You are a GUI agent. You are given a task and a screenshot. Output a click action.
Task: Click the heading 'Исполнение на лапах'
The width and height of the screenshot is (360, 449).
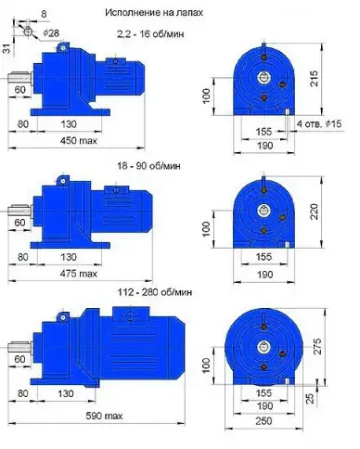click(154, 12)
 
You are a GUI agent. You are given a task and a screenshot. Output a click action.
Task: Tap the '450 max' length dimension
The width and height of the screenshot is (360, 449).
click(78, 141)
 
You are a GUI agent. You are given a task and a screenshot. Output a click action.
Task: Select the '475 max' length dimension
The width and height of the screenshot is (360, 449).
click(78, 274)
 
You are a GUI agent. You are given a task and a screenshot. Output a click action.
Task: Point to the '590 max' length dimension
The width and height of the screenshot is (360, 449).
click(104, 416)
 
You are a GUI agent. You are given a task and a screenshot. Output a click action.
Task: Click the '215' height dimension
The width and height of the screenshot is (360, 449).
click(314, 78)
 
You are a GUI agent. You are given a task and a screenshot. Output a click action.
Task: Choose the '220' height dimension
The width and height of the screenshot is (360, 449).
click(314, 212)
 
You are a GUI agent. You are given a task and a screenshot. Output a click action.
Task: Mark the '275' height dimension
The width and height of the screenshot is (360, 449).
click(317, 347)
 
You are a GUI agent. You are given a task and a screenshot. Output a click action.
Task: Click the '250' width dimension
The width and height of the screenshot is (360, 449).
click(264, 421)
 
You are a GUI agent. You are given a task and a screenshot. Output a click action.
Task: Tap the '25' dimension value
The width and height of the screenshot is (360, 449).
click(311, 398)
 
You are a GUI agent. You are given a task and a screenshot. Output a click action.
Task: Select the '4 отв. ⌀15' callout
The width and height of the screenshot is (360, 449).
click(319, 124)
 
